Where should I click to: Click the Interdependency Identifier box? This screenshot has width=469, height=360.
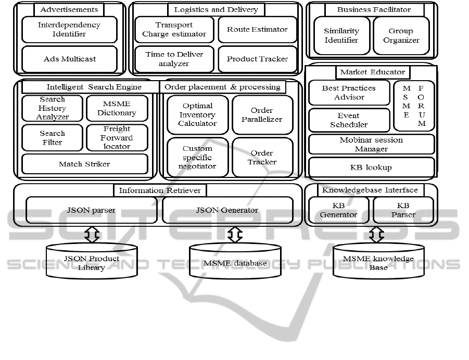pos(69,30)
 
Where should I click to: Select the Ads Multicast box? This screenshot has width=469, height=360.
pos(69,59)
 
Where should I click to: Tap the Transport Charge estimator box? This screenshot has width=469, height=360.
pos(174,30)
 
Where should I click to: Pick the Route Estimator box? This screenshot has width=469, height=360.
pos(257,30)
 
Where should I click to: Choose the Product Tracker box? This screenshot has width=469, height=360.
pos(257,59)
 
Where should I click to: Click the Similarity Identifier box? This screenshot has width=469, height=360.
pos(341,35)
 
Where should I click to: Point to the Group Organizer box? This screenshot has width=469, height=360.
pos(401,35)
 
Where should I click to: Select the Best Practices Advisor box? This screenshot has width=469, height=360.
pos(349,93)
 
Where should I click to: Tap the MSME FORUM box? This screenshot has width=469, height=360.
pos(414,106)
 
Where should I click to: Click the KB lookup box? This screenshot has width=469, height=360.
pos(371,168)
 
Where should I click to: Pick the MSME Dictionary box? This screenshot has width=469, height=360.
pos(117,108)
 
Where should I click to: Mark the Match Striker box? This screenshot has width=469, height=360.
pos(84,164)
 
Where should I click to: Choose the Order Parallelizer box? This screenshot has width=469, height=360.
pos(262,114)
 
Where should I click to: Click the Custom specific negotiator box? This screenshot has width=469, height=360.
pos(197,157)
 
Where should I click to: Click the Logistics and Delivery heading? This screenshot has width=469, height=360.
pos(216,9)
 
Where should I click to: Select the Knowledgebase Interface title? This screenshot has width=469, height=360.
pos(370,190)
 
